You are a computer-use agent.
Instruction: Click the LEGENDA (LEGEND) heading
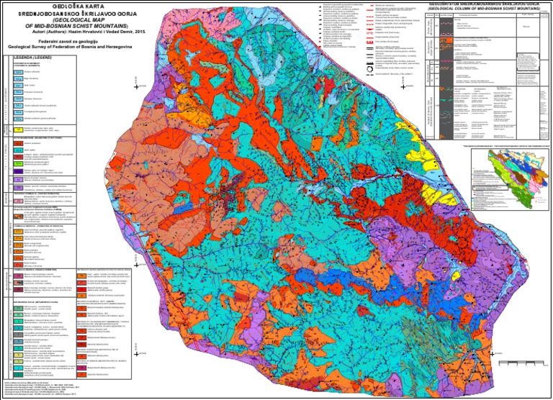(x=32, y=57)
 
